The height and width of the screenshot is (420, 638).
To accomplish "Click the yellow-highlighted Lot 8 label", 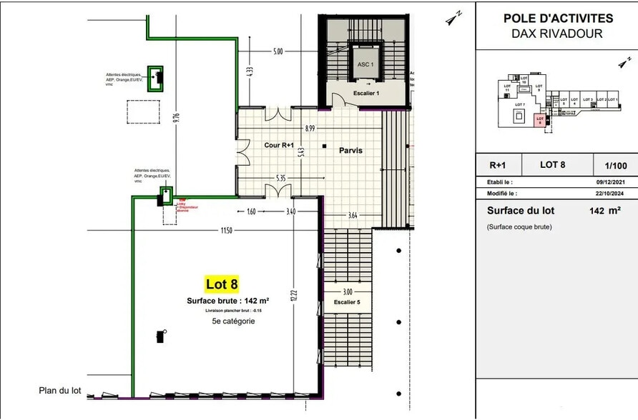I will click(x=222, y=284).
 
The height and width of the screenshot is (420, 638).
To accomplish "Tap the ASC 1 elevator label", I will click(x=365, y=64).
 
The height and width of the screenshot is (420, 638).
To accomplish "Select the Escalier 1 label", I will click(x=366, y=94).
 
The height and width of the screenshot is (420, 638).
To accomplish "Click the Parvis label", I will click(x=350, y=151).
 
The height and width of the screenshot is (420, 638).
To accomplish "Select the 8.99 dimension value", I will click(x=310, y=129).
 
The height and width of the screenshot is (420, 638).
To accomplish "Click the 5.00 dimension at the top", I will click(x=278, y=51).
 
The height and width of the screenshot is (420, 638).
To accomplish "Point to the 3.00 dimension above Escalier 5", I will click(x=347, y=291).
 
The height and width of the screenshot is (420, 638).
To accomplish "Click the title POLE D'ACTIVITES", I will click(x=558, y=19).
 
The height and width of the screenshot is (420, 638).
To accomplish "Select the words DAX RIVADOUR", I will click(x=557, y=34).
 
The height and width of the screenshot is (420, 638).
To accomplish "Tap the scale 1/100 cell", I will click(x=615, y=164).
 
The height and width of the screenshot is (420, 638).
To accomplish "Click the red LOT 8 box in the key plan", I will click(x=540, y=121).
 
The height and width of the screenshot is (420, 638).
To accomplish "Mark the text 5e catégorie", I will click(x=233, y=321).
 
